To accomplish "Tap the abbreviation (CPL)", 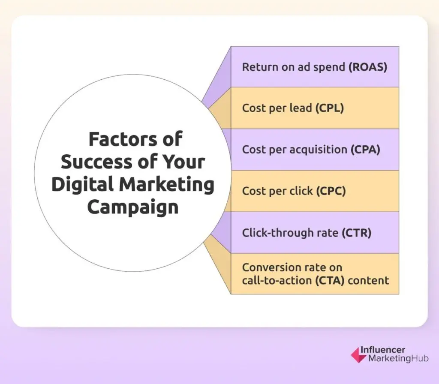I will click(x=330, y=108).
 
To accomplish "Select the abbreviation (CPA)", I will click(x=365, y=150).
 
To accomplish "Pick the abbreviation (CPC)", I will click(x=331, y=191).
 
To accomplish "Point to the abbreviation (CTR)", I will click(x=356, y=233).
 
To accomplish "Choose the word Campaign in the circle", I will click(x=132, y=207).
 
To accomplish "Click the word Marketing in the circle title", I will click(x=167, y=185).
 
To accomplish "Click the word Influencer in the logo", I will click(x=382, y=350).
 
